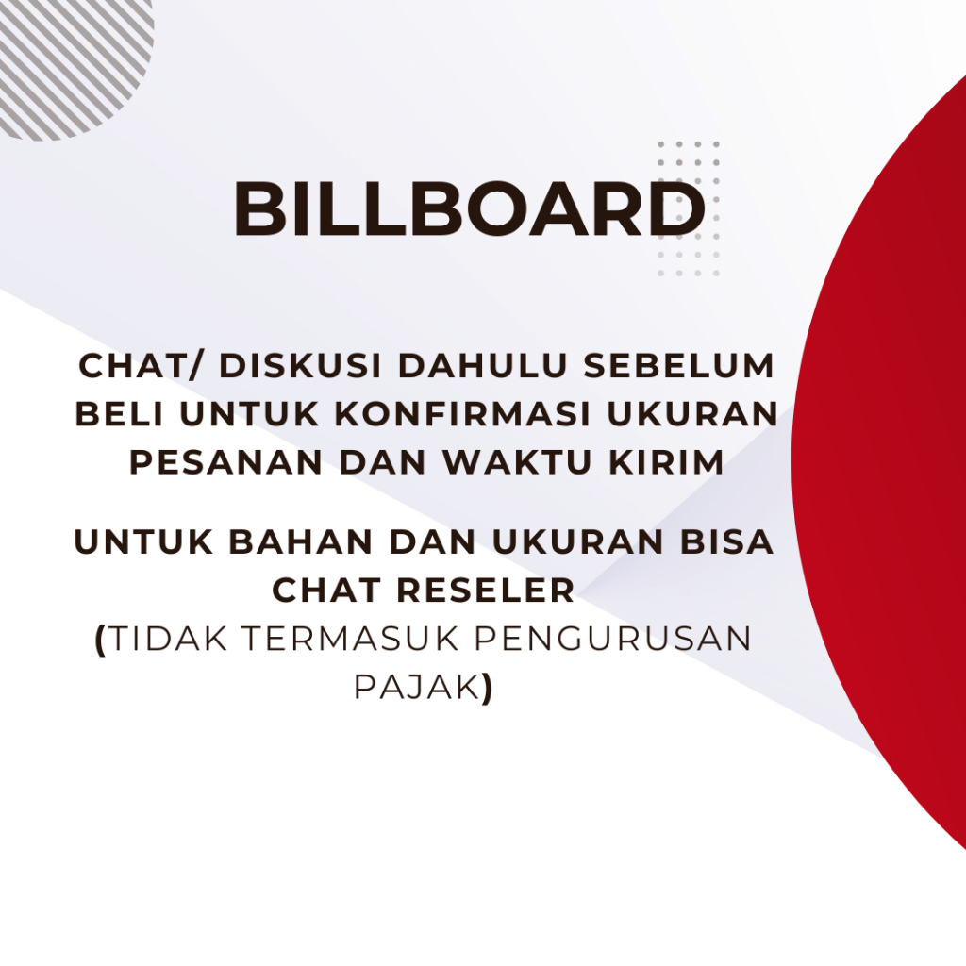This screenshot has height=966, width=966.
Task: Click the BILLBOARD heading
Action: click(x=469, y=209)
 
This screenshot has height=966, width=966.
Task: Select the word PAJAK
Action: click(x=415, y=687)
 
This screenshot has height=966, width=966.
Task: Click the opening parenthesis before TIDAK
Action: click(x=101, y=640)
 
